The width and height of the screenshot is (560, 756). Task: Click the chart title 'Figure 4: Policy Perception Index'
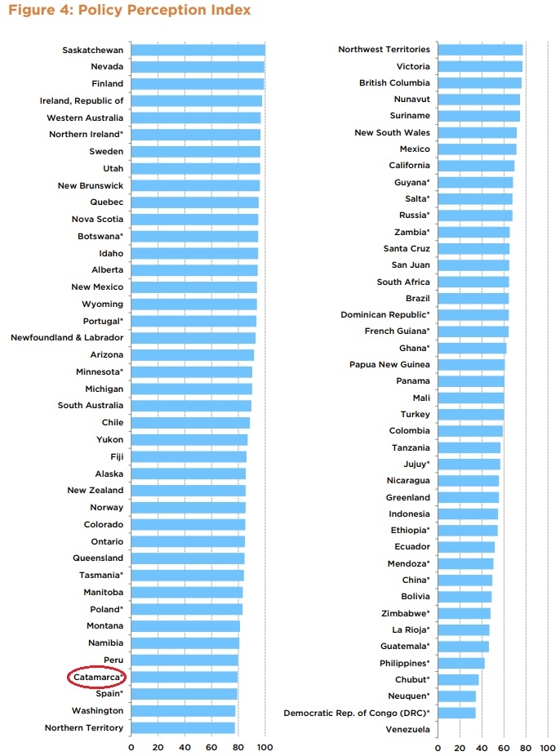tap(127, 11)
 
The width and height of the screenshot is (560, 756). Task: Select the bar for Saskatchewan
tap(198, 50)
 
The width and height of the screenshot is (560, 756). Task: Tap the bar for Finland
tap(197, 84)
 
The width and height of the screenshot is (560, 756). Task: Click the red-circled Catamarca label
tap(96, 677)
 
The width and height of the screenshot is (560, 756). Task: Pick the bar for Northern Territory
tap(182, 727)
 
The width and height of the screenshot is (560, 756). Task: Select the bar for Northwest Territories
tap(479, 50)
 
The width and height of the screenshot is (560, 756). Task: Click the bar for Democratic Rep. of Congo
tap(456, 713)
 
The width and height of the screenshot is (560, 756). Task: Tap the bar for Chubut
tap(458, 679)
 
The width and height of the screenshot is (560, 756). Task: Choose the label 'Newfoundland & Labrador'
tap(67, 337)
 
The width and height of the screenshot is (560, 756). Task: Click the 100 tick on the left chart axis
tap(264, 746)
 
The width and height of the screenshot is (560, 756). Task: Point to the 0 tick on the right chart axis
tap(438, 746)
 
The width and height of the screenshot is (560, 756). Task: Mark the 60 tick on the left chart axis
tap(211, 746)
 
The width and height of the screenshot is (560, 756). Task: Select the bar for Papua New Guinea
tap(471, 364)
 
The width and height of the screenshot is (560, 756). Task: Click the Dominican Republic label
tap(384, 314)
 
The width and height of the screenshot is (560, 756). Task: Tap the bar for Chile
tap(190, 423)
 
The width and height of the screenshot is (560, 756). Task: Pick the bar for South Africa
tap(473, 282)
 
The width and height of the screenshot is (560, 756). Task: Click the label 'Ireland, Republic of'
tap(82, 101)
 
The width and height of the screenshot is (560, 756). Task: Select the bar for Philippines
tap(460, 663)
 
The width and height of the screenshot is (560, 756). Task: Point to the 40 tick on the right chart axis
tap(481, 746)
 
